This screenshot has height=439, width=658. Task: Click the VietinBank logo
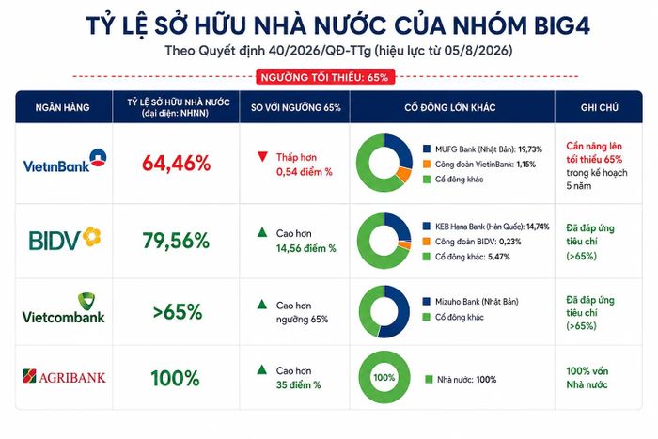(65, 161)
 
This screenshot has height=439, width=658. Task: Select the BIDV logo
(65, 239)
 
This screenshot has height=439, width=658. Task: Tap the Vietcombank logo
(63, 308)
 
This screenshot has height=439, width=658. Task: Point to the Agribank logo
(64, 376)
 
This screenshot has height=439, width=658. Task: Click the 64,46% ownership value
(177, 164)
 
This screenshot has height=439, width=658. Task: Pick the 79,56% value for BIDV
(176, 241)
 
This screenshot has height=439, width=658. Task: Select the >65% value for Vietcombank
(178, 312)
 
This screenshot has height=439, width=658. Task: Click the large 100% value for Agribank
(175, 378)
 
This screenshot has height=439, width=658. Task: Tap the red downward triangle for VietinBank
(262, 157)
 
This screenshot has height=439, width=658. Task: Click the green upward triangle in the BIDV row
(262, 232)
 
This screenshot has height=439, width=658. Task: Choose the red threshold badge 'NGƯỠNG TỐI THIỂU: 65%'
(325, 77)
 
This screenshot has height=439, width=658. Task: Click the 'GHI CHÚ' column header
(600, 107)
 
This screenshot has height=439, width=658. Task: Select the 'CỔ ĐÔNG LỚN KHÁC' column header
(450, 107)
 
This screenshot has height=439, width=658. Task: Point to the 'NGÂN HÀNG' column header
(63, 107)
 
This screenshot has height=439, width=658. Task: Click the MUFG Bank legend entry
(482, 149)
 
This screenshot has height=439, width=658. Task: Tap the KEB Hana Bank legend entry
(486, 227)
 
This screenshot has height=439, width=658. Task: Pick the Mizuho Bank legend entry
(470, 302)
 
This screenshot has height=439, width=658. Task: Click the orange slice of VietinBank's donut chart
(403, 174)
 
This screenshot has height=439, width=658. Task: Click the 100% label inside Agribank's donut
(384, 377)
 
